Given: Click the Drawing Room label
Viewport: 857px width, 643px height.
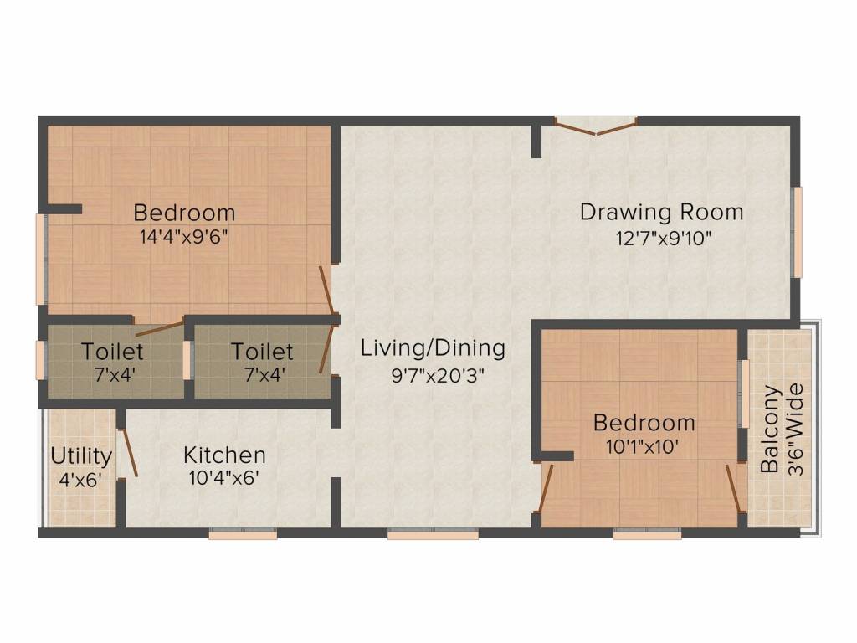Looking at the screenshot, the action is pyautogui.click(x=661, y=212).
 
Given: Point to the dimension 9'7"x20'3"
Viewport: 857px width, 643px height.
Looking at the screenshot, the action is pyautogui.click(x=438, y=376).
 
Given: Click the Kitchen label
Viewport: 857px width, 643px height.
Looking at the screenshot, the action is pyautogui.click(x=224, y=455).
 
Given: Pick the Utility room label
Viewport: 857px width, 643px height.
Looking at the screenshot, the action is pyautogui.click(x=81, y=456).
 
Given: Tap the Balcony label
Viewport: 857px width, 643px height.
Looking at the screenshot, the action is pyautogui.click(x=770, y=429).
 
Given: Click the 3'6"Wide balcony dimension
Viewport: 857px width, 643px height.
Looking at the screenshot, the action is pyautogui.click(x=796, y=430).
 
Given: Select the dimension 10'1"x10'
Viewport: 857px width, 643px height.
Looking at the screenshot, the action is pyautogui.click(x=643, y=447).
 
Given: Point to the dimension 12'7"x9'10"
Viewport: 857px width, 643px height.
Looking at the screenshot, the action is pyautogui.click(x=664, y=239).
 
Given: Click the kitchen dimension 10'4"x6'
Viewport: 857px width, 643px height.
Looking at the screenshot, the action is pyautogui.click(x=224, y=478).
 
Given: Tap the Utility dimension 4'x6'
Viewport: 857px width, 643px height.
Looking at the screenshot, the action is pyautogui.click(x=81, y=480).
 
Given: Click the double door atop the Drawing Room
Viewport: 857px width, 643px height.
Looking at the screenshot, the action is pyautogui.click(x=596, y=126).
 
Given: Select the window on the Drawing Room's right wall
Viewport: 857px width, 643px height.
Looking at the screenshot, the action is pyautogui.click(x=798, y=232).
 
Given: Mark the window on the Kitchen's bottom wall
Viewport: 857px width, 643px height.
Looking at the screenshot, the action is pyautogui.click(x=243, y=534).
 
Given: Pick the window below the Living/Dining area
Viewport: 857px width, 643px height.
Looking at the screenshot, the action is pyautogui.click(x=433, y=534).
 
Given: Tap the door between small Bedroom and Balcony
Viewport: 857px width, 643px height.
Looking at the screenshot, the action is pyautogui.click(x=736, y=489).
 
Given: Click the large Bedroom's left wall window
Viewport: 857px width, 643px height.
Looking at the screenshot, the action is pyautogui.click(x=40, y=260).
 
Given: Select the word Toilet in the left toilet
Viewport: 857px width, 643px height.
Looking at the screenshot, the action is pyautogui.click(x=112, y=352).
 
